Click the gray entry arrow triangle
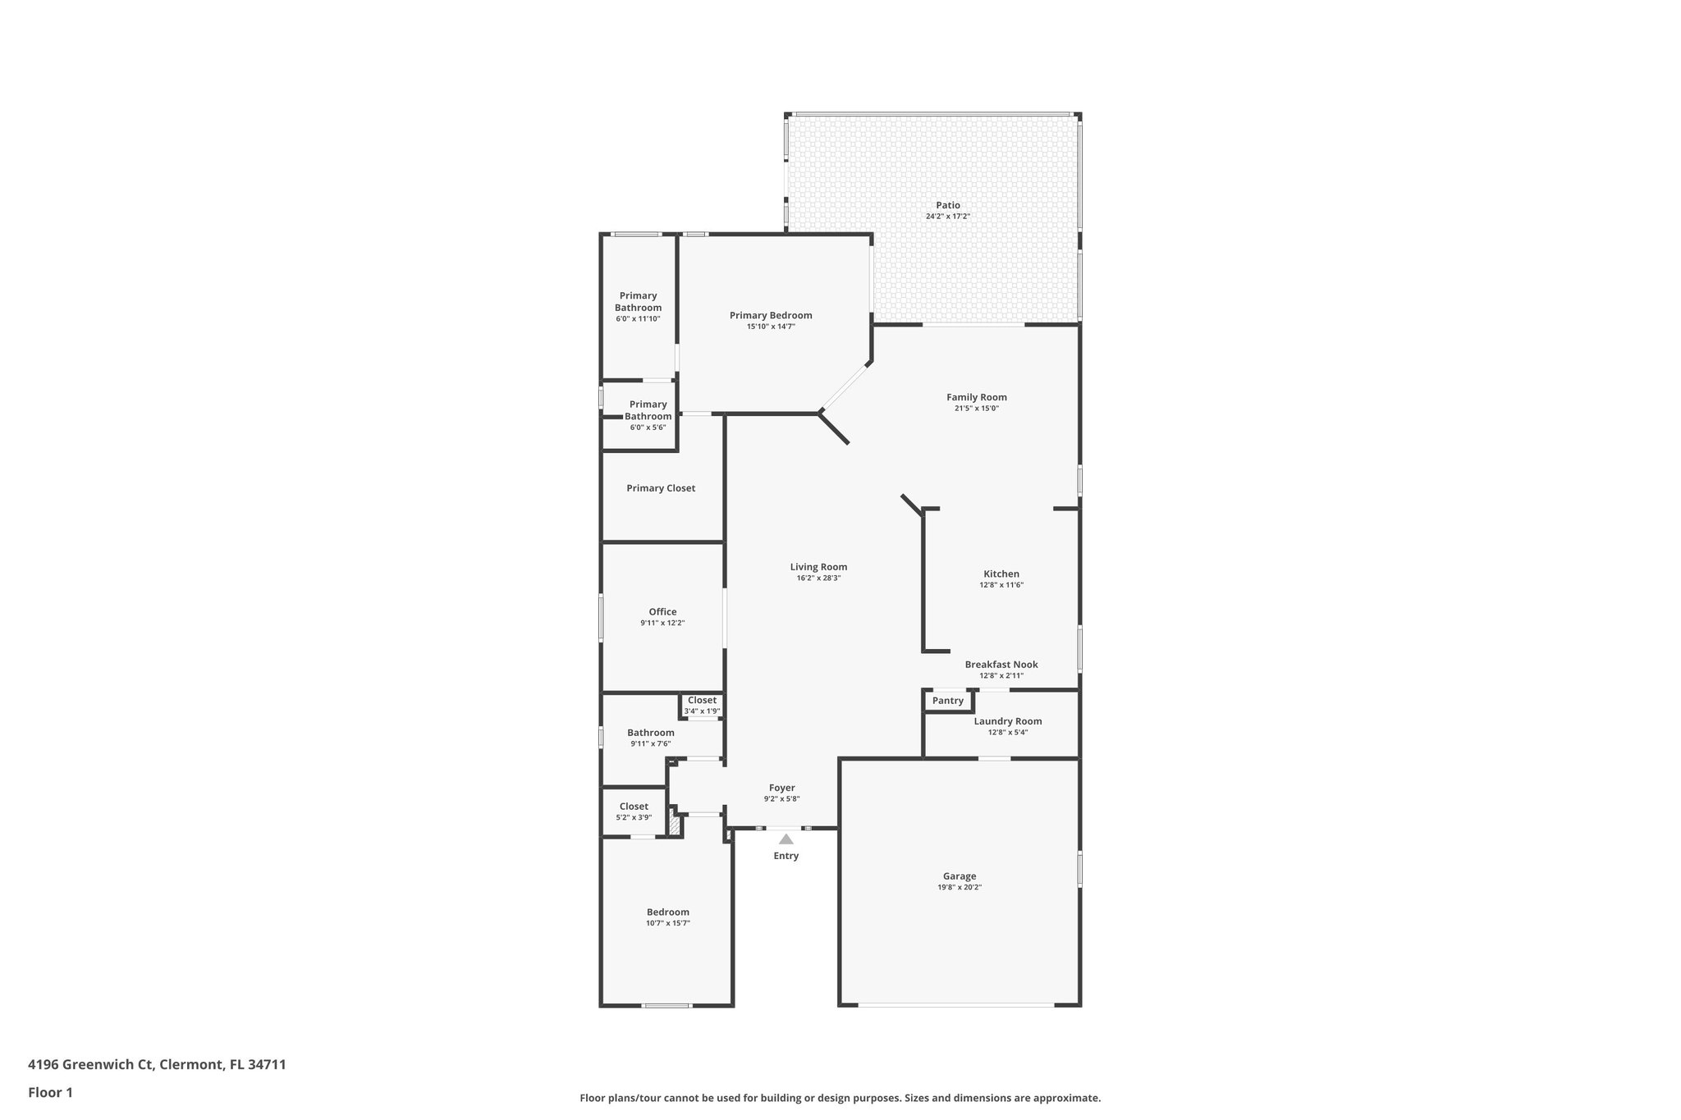point(786,839)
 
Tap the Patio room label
point(948,205)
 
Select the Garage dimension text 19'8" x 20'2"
point(960,887)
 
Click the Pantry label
point(948,701)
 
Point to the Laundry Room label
point(1008,721)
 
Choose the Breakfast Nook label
point(1001,665)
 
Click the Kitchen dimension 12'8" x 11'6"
point(1001,585)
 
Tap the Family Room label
point(977,397)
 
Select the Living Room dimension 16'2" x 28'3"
point(818,578)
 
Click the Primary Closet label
point(661,488)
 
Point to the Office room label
point(662,611)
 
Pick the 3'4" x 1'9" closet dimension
point(702,711)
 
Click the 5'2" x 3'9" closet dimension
point(634,817)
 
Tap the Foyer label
point(781,788)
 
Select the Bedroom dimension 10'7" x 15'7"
point(668,923)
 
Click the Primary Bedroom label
point(771,315)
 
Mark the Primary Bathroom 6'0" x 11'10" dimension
point(638,318)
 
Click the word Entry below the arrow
point(786,856)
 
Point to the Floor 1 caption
point(50,1092)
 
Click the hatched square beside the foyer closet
point(675,824)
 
